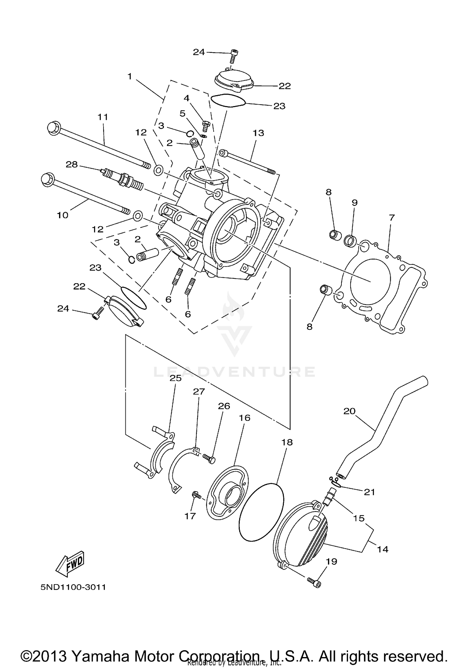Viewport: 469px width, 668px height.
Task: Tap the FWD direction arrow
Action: tap(71, 565)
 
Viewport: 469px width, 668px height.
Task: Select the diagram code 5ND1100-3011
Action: tap(73, 587)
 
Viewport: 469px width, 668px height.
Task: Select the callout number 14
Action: tap(383, 549)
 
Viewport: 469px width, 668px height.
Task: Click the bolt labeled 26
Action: tap(209, 458)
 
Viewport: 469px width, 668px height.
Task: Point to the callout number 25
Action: tap(175, 378)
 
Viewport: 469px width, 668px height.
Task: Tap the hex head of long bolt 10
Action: tap(47, 180)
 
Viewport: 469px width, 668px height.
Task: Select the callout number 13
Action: tap(258, 133)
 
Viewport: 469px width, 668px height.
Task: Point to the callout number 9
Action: tap(354, 202)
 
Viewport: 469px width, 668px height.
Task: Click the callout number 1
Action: tap(130, 76)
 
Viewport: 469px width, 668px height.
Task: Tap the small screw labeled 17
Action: tap(196, 495)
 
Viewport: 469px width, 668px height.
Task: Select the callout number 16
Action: tap(245, 418)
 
